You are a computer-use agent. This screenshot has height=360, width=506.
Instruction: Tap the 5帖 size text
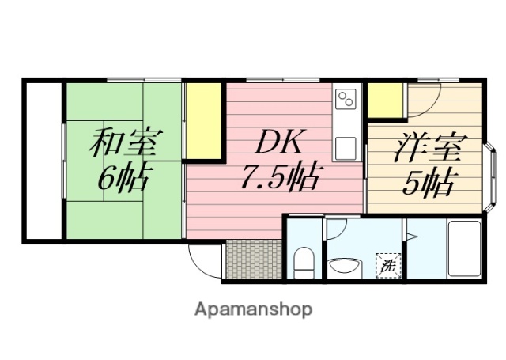428,184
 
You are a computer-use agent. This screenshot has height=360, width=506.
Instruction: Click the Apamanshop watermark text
254,309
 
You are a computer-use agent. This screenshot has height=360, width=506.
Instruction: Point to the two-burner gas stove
346,100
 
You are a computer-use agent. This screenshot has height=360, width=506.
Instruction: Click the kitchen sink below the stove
346,147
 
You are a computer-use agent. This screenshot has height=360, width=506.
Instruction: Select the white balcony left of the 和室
43,158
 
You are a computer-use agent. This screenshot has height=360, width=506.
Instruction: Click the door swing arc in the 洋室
424,99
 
